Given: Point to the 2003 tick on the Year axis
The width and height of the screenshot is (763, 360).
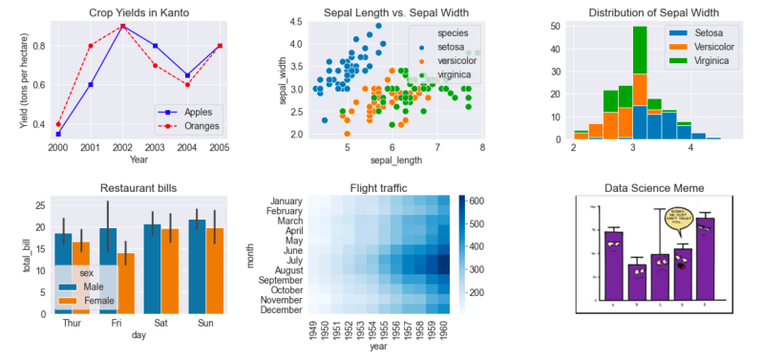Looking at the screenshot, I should pos(156,148).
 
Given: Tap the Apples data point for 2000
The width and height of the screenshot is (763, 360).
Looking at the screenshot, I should pos(58,134).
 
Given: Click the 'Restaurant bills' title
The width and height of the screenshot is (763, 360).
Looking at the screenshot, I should pos(138,188).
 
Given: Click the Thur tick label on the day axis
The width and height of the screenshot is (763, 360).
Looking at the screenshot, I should pos(72,323).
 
